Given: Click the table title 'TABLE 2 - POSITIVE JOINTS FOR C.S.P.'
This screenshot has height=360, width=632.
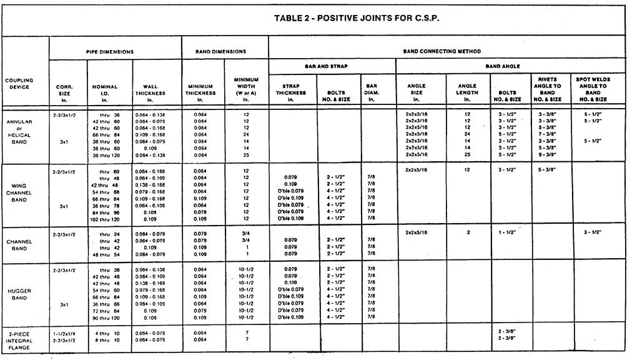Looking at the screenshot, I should [x=357, y=17].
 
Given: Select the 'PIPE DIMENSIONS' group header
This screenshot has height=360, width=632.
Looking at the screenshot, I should [x=109, y=51].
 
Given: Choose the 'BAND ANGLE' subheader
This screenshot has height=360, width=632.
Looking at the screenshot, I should [x=502, y=66].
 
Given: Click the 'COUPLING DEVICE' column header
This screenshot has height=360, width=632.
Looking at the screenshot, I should [x=19, y=83].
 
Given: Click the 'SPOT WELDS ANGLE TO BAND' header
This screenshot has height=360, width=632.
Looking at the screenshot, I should [x=593, y=89].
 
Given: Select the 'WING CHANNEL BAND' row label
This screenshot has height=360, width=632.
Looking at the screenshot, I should [x=19, y=192].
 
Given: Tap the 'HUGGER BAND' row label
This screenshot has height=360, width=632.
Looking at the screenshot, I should [x=19, y=294].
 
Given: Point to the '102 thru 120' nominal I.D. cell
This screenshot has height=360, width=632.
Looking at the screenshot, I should [x=104, y=219].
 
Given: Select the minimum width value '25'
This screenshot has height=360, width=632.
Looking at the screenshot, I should [x=246, y=154].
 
